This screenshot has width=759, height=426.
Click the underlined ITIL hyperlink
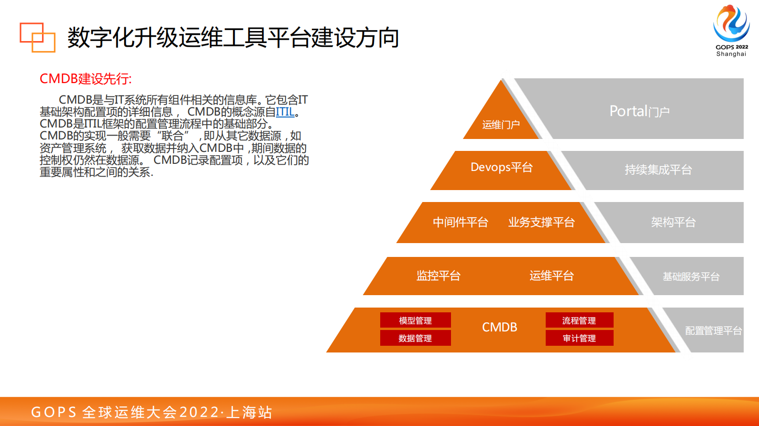[x=285, y=112]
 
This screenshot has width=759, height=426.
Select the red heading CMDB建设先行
[x=86, y=79]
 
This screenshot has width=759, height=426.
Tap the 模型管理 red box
[x=415, y=320]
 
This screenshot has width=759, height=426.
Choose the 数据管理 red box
[x=415, y=338]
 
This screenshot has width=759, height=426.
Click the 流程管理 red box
[x=579, y=320]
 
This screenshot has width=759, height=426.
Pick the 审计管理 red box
[x=579, y=338]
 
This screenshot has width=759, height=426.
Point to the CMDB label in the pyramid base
[x=499, y=327]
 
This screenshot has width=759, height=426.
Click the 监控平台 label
[x=438, y=276]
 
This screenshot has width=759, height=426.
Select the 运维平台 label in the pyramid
[x=551, y=276]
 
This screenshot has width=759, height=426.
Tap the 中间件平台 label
[x=460, y=222]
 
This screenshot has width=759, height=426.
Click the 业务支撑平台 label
[x=541, y=222]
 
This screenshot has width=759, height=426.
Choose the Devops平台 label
[x=501, y=167]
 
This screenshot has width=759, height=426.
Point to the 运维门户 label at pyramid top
[x=501, y=125]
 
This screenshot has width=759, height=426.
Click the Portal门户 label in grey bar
[x=639, y=111]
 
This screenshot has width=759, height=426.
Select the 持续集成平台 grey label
[x=658, y=170]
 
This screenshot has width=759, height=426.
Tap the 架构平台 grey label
[x=673, y=222]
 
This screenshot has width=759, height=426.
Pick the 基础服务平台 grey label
[x=691, y=277]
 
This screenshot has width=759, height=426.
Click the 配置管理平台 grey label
[x=713, y=330]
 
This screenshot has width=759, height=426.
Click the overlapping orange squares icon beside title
[x=37, y=37]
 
